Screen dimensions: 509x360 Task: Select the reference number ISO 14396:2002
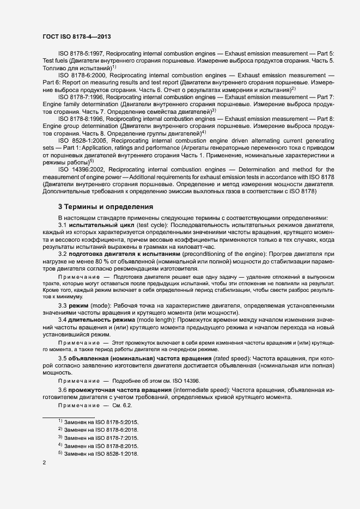point(82,169)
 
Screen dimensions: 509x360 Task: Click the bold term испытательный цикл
point(100,225)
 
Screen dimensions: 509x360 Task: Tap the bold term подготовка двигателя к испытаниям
point(123,254)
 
